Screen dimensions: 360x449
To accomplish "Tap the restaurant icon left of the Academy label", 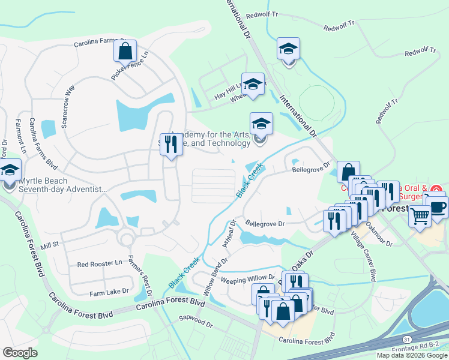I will tap(171, 145).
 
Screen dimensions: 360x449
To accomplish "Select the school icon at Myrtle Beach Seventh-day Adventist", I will tap(10, 171).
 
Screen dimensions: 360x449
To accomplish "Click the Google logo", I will tap(20, 353).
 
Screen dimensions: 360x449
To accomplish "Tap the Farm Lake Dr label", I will tap(109, 291).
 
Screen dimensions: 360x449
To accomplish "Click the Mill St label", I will tap(49, 245).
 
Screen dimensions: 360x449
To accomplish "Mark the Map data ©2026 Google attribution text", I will tap(412, 355).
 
